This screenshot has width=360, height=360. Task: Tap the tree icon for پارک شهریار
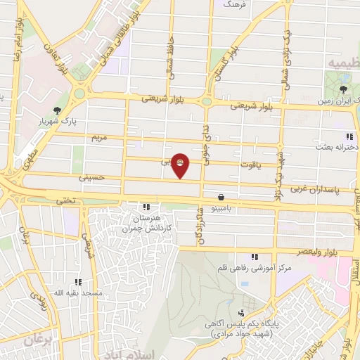point(57,110)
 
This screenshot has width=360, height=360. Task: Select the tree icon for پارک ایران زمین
point(342,89)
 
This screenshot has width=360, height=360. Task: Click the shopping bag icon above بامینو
point(222,198)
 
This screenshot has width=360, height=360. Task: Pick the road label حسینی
point(91,178)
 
